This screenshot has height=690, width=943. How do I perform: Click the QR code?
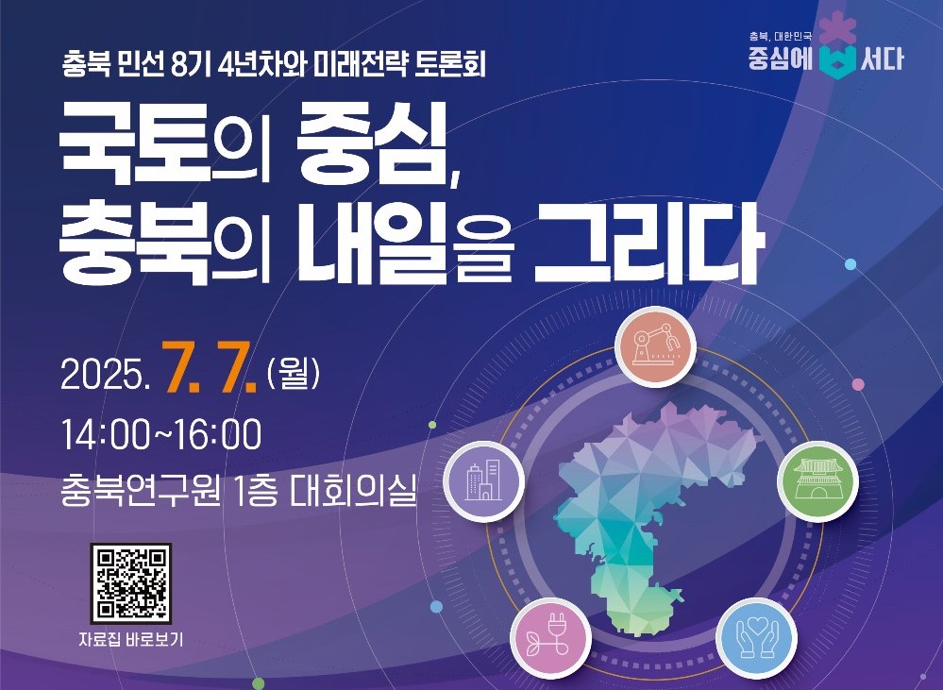click(x=131, y=583)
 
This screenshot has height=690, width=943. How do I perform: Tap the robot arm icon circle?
click(x=655, y=346)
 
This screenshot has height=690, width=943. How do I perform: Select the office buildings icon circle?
click(x=484, y=481)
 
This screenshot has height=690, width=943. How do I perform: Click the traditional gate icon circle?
click(x=817, y=481)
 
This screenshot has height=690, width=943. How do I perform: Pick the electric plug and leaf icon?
click(x=551, y=638)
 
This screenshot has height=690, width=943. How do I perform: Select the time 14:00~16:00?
click(x=161, y=434)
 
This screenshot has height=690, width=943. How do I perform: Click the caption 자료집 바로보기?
click(x=130, y=639)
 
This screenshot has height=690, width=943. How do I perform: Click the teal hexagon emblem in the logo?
click(x=838, y=60)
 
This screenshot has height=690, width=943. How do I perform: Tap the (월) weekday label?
click(x=293, y=374)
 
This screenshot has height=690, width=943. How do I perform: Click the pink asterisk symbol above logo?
click(x=838, y=26)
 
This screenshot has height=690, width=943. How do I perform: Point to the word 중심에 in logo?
click(x=781, y=59)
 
